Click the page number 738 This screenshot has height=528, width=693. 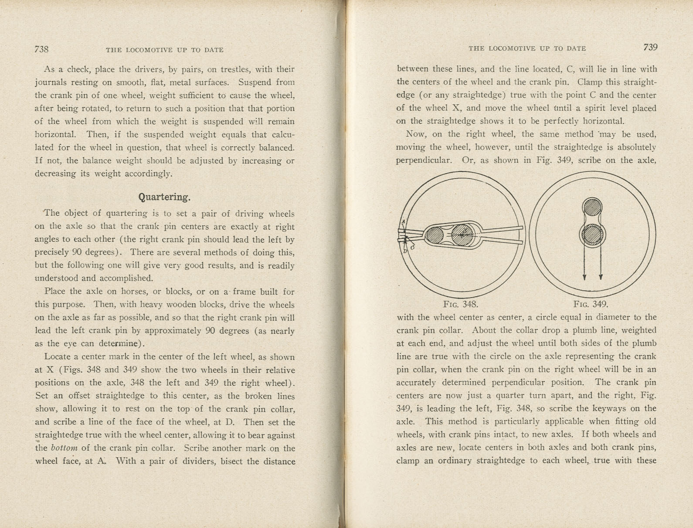click(x=41, y=49)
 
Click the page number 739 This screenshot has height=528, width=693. click(x=650, y=48)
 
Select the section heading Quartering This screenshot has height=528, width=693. click(x=164, y=197)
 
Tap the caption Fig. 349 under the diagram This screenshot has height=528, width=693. click(x=591, y=304)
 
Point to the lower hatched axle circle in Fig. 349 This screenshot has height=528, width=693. click(x=592, y=235)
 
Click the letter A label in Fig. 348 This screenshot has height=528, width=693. click(x=403, y=222)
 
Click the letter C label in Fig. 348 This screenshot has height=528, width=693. click(x=413, y=248)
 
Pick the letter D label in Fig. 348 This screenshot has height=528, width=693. click(x=405, y=251)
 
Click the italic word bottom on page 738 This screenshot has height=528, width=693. click(x=64, y=448)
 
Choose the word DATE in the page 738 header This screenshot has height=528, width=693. click(x=214, y=50)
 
